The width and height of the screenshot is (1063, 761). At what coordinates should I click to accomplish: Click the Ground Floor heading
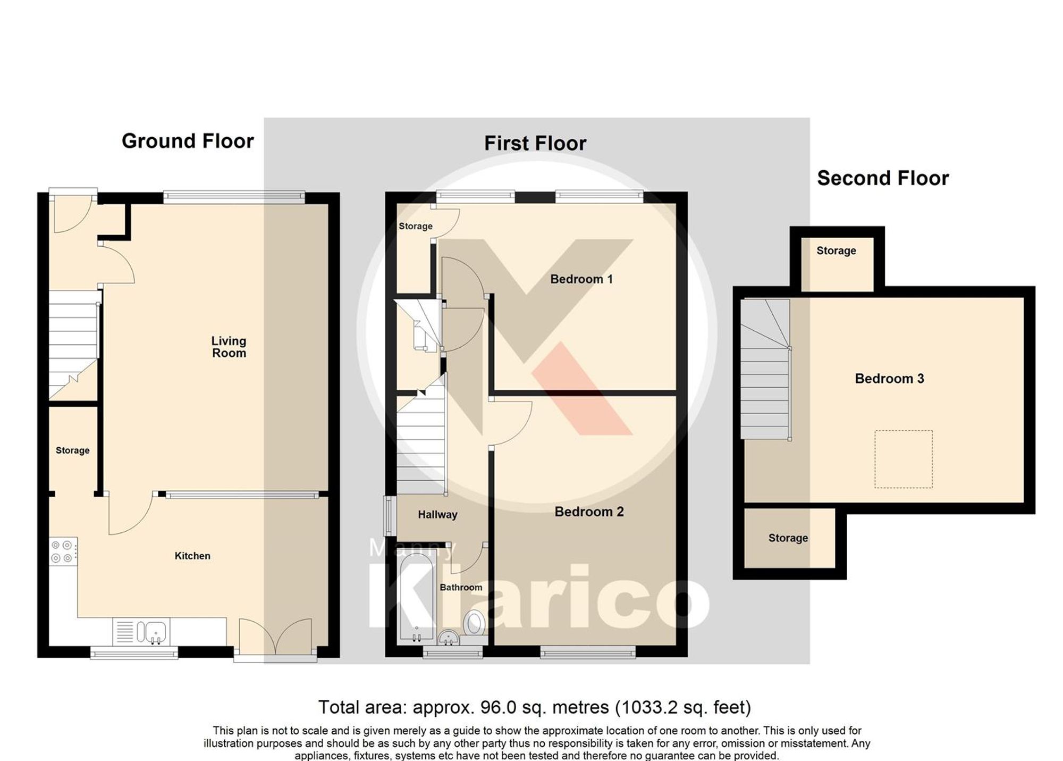tap(188, 141)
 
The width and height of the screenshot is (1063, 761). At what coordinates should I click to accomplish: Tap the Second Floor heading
tap(882, 178)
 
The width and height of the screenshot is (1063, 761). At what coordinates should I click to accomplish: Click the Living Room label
tap(229, 347)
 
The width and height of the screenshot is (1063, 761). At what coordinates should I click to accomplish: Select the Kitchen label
tap(192, 556)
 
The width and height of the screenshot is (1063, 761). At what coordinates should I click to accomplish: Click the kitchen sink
tap(151, 632)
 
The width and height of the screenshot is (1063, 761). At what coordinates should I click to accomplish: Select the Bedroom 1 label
tap(581, 279)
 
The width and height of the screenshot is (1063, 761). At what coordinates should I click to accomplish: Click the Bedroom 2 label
tap(589, 512)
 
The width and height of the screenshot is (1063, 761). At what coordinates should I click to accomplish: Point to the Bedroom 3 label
tap(889, 379)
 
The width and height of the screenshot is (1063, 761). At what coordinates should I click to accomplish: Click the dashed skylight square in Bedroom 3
tap(903, 459)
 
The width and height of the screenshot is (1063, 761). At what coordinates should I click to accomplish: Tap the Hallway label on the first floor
tap(437, 515)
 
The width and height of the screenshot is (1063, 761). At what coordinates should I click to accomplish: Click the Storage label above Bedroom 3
tap(836, 250)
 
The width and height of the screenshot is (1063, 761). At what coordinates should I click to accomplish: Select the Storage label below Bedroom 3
tap(788, 538)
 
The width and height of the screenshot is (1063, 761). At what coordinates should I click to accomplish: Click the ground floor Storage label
tap(72, 450)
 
